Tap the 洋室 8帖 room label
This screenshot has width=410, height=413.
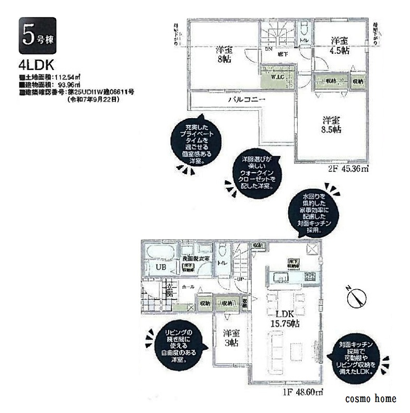[225, 54]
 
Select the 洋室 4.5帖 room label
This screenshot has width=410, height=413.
[339, 45]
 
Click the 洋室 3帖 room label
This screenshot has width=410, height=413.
[231, 338]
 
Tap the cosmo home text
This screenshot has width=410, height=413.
[370, 399]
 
